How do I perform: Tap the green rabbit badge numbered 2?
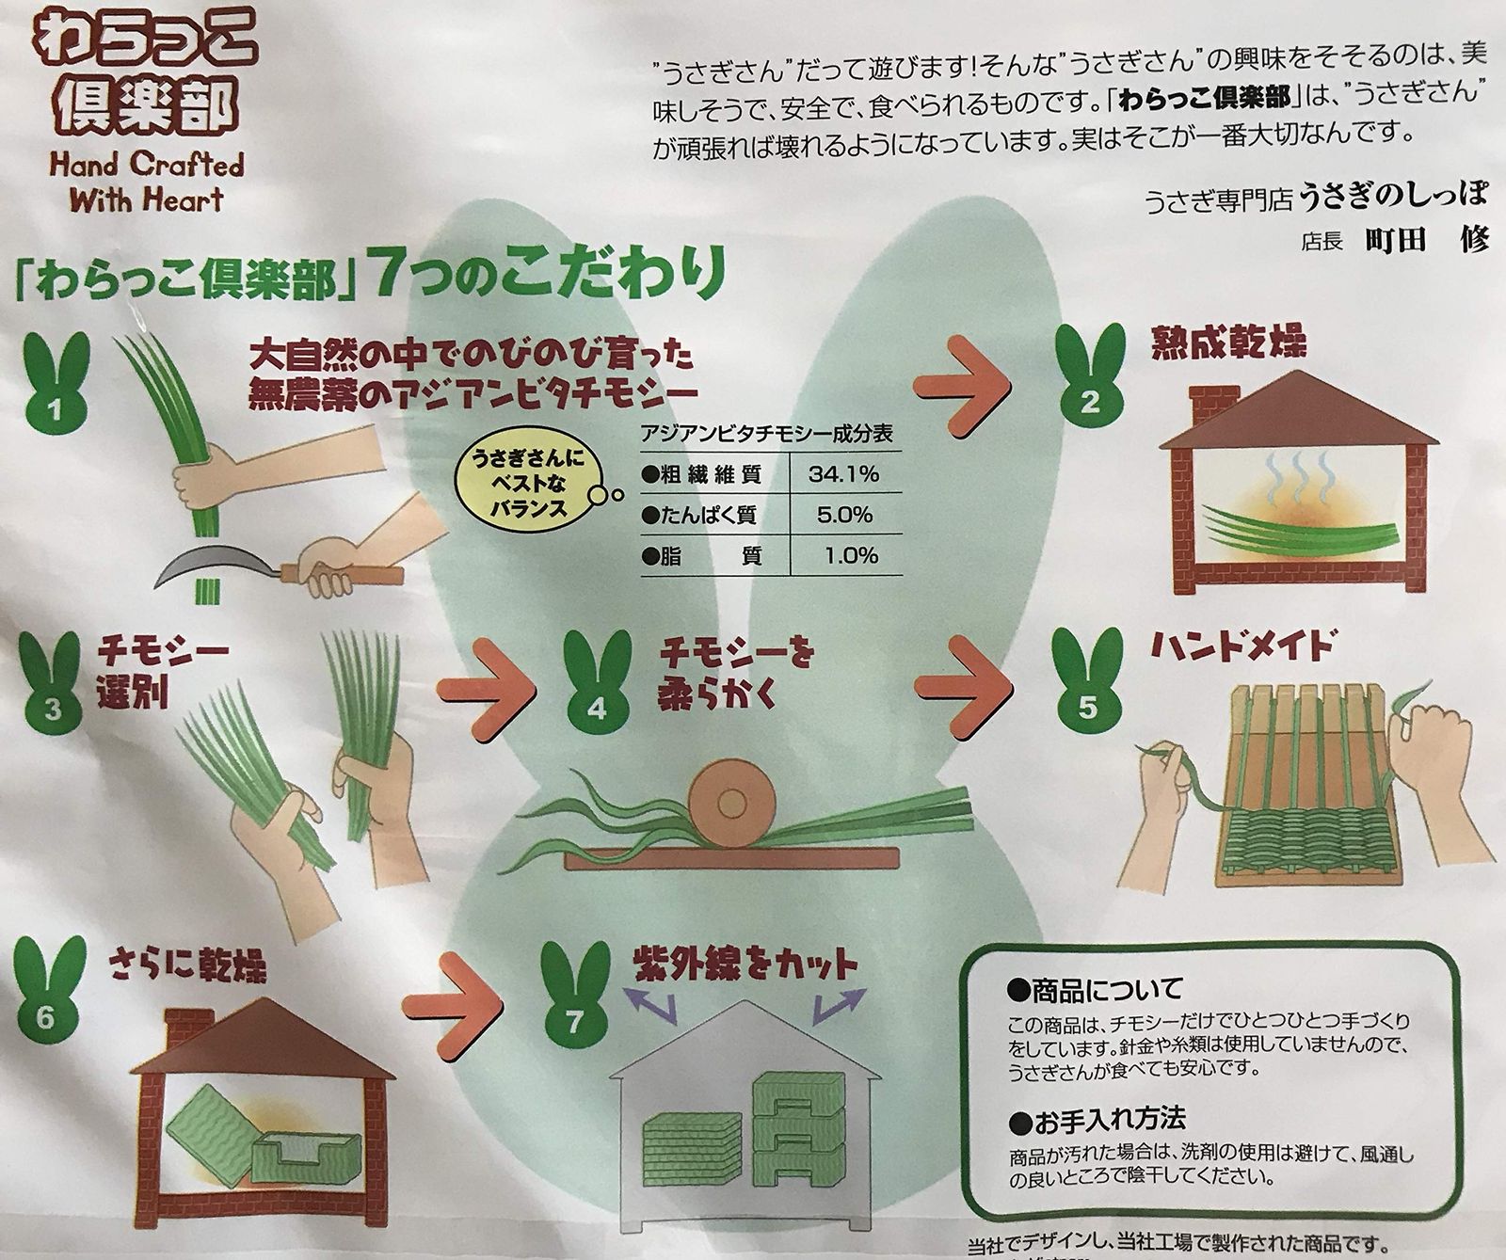click(x=1090, y=387)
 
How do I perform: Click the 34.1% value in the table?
click(x=843, y=474)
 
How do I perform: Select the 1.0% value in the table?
click(x=851, y=556)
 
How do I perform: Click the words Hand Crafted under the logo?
click(x=146, y=167)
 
